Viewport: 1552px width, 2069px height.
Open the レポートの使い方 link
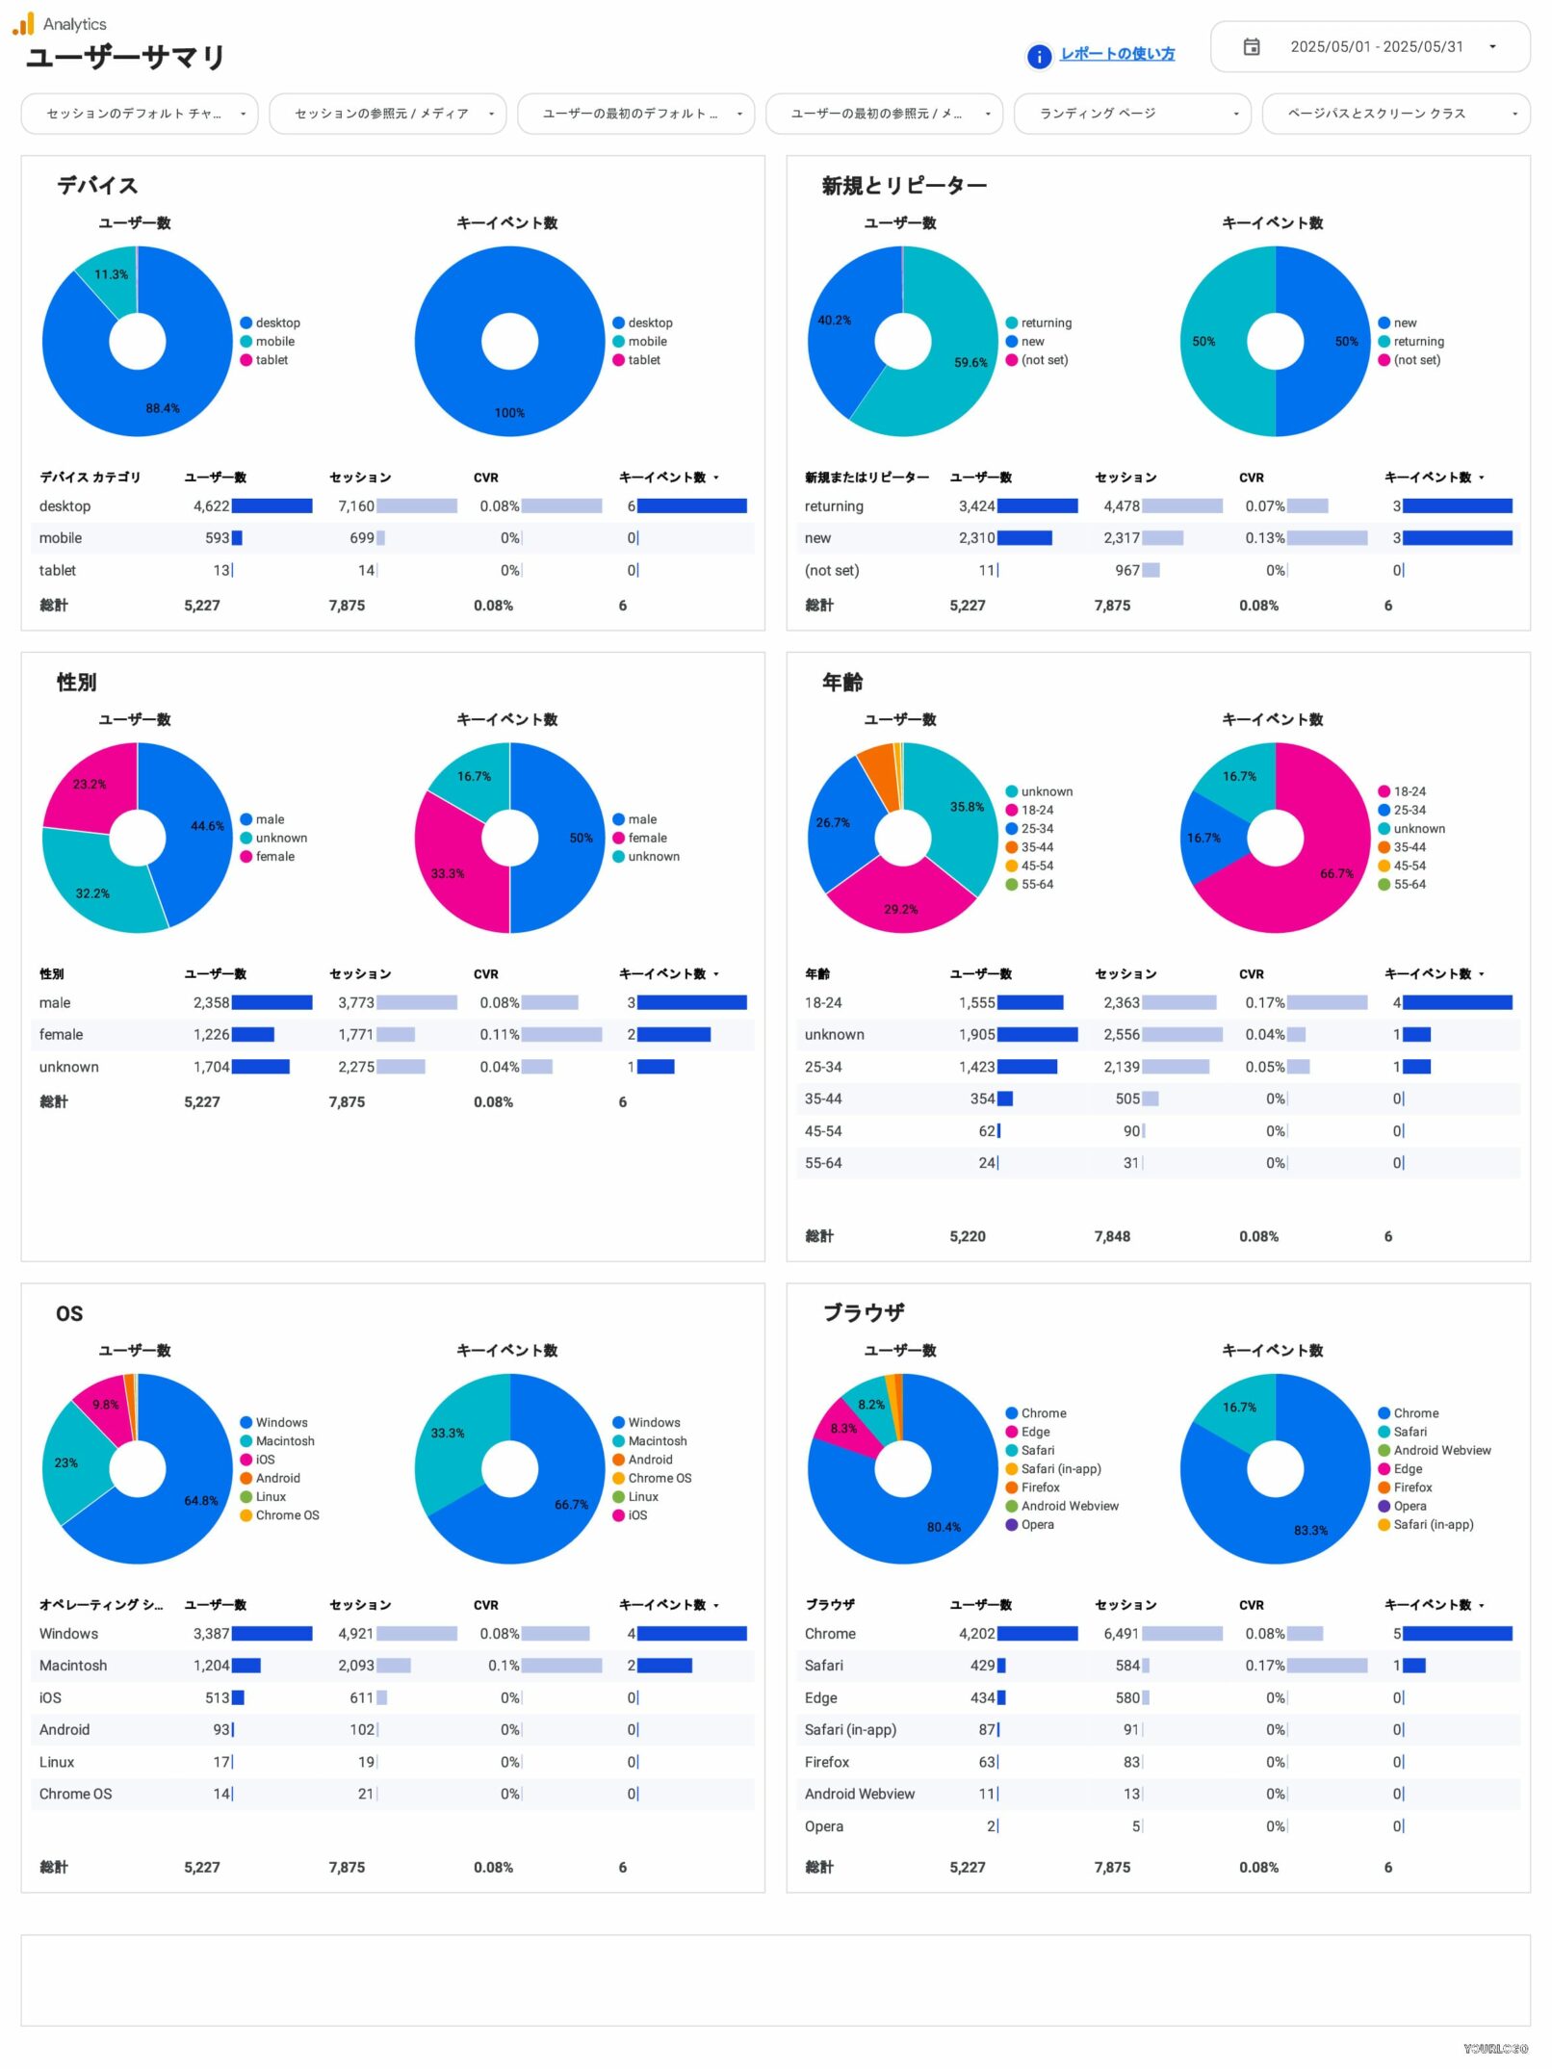[x=1116, y=54]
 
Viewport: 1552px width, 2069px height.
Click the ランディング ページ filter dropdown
[x=1131, y=114]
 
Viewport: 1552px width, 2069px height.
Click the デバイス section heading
[x=97, y=185]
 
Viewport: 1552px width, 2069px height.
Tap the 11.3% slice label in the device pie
[x=111, y=274]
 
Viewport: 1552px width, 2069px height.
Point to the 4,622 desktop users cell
[x=211, y=506]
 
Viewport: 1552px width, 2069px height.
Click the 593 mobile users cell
[x=217, y=538]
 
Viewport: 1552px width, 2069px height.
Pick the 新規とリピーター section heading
[x=903, y=185]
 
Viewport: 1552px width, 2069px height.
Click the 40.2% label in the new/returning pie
[x=834, y=321]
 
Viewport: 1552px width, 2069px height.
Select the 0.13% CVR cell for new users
[x=1264, y=538]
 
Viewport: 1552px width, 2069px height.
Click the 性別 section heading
[x=76, y=683]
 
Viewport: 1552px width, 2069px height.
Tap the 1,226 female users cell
[x=211, y=1035]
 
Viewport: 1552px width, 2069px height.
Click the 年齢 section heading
[x=841, y=683]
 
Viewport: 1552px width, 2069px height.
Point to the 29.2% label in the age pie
[x=900, y=909]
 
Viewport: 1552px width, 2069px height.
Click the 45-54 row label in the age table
[x=823, y=1131]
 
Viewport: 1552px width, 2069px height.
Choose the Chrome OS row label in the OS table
[x=75, y=1795]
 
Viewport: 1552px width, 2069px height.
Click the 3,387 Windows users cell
[x=211, y=1634]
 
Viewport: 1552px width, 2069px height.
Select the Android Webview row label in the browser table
[x=859, y=1795]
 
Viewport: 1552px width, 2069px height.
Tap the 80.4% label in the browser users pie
[x=943, y=1527]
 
